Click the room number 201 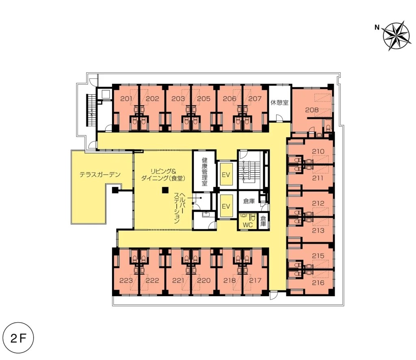tap(126, 99)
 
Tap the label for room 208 tap(312, 110)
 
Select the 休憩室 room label tap(279, 102)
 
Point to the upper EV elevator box tap(226, 174)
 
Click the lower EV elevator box tap(226, 206)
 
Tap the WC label tap(247, 225)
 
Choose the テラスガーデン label tap(100, 175)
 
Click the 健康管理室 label tap(204, 171)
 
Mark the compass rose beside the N tap(397, 36)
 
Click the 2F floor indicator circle tap(19, 338)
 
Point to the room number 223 tap(126, 280)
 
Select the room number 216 tap(318, 282)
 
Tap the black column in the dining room tap(165, 190)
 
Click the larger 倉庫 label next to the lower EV tap(249, 201)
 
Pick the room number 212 tap(318, 203)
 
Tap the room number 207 tap(255, 99)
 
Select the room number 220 tap(204, 280)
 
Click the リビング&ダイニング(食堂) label tap(162, 175)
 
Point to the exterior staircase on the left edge tap(91, 110)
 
